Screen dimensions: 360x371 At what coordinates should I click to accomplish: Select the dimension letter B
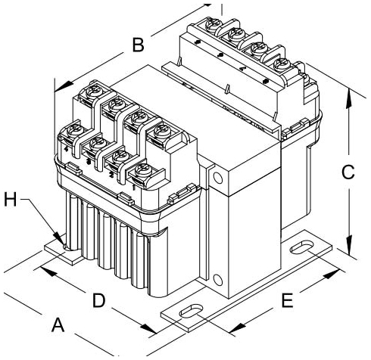(x=137, y=46)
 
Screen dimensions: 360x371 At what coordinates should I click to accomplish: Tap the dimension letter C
(x=348, y=172)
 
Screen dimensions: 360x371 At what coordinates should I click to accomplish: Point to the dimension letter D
(x=98, y=301)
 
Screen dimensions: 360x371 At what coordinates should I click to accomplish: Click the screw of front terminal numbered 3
(x=95, y=142)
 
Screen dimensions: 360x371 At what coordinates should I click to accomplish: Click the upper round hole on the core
(x=219, y=178)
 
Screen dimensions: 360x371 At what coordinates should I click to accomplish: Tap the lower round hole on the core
(x=219, y=278)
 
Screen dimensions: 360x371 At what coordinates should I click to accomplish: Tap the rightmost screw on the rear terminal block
(x=281, y=64)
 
